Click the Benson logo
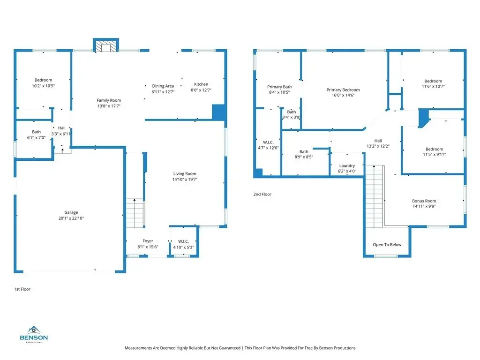[34, 334]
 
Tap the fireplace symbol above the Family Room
[106, 45]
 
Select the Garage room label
[71, 212]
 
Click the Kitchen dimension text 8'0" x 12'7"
[201, 90]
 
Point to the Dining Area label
[163, 86]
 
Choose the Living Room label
[185, 173]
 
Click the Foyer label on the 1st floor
[148, 241]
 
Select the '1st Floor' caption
[22, 289]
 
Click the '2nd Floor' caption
[262, 194]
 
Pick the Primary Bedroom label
[343, 90]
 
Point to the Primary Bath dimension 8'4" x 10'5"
[279, 92]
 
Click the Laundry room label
[347, 165]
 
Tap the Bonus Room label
[424, 201]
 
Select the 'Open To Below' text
[387, 245]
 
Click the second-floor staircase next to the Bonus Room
[375, 196]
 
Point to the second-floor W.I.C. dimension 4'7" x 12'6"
[268, 148]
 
